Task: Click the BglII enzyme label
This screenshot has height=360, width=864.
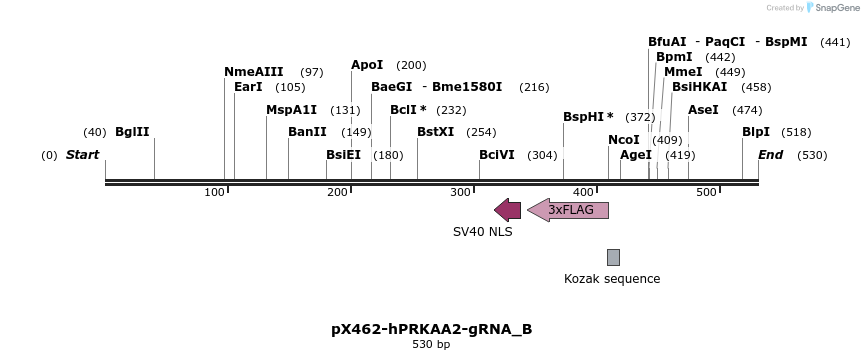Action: (132, 132)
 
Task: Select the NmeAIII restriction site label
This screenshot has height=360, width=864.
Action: (254, 72)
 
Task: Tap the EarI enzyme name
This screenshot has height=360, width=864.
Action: (248, 87)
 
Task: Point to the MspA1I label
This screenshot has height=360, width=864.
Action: (291, 110)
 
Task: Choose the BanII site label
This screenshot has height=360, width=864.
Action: (307, 132)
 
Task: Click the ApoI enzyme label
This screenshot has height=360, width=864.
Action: (367, 65)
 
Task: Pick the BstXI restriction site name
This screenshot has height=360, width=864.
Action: (435, 132)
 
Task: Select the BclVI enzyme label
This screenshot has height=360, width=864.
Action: (497, 155)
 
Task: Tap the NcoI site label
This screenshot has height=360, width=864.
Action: (624, 140)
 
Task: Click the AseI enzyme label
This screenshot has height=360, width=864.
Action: (703, 110)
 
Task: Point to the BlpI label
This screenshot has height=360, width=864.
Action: (756, 132)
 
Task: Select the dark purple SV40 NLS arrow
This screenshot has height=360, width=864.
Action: (508, 210)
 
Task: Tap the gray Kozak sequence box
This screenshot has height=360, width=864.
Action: (613, 257)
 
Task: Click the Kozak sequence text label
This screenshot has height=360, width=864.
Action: (612, 279)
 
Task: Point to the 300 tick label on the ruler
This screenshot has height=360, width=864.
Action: (460, 192)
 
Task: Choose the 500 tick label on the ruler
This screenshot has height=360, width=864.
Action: (706, 192)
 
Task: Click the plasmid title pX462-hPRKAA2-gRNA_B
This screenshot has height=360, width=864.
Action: (432, 328)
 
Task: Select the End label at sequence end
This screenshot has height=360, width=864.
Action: (770, 155)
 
